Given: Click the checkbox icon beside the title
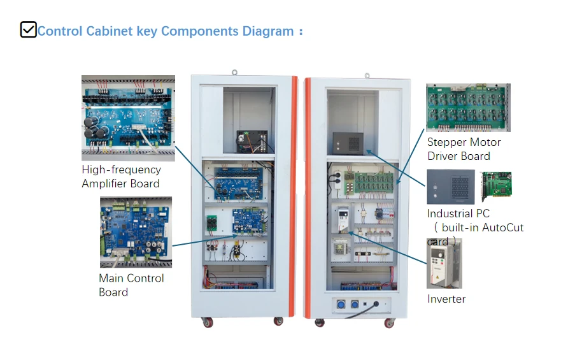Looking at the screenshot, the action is click(x=28, y=29).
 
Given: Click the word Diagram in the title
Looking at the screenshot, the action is click(x=268, y=31).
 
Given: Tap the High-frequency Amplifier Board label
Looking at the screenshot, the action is click(x=121, y=176).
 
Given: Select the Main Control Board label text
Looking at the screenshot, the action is click(x=131, y=285).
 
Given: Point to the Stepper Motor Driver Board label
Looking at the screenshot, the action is click(x=464, y=149).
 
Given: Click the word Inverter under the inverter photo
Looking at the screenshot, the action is click(x=446, y=299).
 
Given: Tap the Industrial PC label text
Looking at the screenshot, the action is click(x=458, y=213).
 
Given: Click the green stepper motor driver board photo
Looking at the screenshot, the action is click(x=468, y=107).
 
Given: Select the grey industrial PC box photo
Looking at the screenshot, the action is click(x=451, y=187).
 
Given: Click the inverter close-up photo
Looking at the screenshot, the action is click(x=444, y=264).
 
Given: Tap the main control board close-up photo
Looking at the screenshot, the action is click(x=136, y=232).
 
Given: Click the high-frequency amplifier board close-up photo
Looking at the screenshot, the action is click(x=128, y=118).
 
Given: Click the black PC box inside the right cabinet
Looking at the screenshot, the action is click(x=348, y=143).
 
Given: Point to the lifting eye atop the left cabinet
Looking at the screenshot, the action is click(x=234, y=72).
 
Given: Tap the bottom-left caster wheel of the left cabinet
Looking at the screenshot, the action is click(x=208, y=322).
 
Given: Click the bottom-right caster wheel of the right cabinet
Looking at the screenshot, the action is click(x=389, y=323).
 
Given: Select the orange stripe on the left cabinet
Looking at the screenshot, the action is click(x=294, y=196).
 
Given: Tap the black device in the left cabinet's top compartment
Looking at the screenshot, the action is click(x=252, y=141).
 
